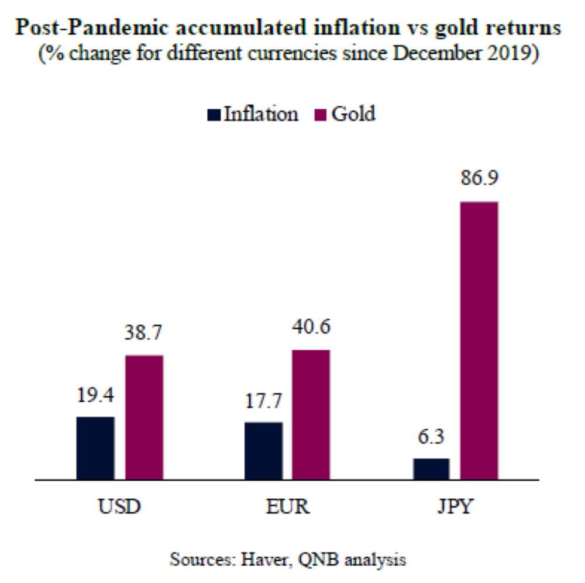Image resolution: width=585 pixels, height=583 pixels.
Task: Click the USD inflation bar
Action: tap(95, 448)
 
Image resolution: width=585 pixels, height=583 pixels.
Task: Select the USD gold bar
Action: tap(144, 417)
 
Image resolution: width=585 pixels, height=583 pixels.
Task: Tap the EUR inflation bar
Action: tap(263, 450)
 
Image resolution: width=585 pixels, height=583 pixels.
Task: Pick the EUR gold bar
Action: tap(311, 415)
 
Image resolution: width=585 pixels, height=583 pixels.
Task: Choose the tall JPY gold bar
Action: tap(479, 340)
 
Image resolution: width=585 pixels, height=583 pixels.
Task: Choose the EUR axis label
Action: tap(287, 505)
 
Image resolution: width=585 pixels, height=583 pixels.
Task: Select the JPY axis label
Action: tap(454, 505)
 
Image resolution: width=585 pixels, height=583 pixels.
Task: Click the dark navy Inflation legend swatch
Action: tap(214, 114)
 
